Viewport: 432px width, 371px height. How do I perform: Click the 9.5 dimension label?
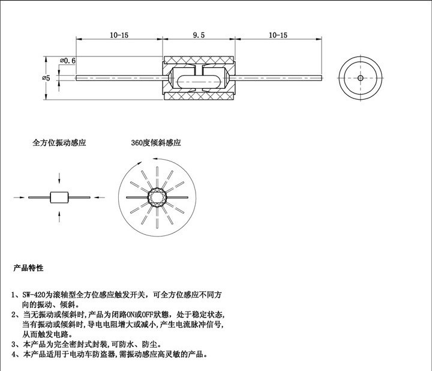(x=199, y=35)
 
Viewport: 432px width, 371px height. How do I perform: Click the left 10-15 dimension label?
(x=119, y=35)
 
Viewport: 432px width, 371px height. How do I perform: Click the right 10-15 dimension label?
(x=278, y=35)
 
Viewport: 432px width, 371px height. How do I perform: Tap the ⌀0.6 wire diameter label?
(x=67, y=61)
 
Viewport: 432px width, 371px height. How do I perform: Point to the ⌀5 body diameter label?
(x=46, y=78)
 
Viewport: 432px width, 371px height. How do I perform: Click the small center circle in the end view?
(x=361, y=78)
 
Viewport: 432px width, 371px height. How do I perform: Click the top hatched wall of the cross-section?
(x=199, y=59)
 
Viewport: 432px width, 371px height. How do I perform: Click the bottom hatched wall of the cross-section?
(x=199, y=97)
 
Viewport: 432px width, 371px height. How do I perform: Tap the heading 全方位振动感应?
(x=59, y=142)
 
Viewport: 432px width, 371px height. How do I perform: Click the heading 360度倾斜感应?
(x=156, y=142)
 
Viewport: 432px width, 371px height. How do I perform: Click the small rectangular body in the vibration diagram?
(x=59, y=198)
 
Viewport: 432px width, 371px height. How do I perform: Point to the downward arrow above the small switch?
(x=59, y=178)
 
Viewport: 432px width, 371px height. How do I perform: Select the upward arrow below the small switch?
(x=59, y=217)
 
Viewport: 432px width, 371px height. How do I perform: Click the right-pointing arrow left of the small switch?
(x=19, y=198)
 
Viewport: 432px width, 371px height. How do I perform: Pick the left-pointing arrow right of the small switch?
(x=99, y=198)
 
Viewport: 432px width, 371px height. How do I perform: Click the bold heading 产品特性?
(x=28, y=268)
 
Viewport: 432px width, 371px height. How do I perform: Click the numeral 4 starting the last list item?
(x=14, y=354)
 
